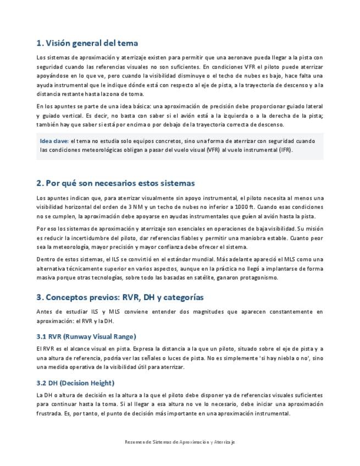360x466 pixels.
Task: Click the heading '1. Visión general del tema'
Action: click(87, 43)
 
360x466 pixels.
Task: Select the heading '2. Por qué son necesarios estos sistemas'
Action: click(115, 182)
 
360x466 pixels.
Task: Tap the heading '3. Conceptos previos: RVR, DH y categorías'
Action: click(120, 297)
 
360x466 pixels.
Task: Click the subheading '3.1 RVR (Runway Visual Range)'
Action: click(86, 336)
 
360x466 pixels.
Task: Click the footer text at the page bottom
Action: click(180, 441)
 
